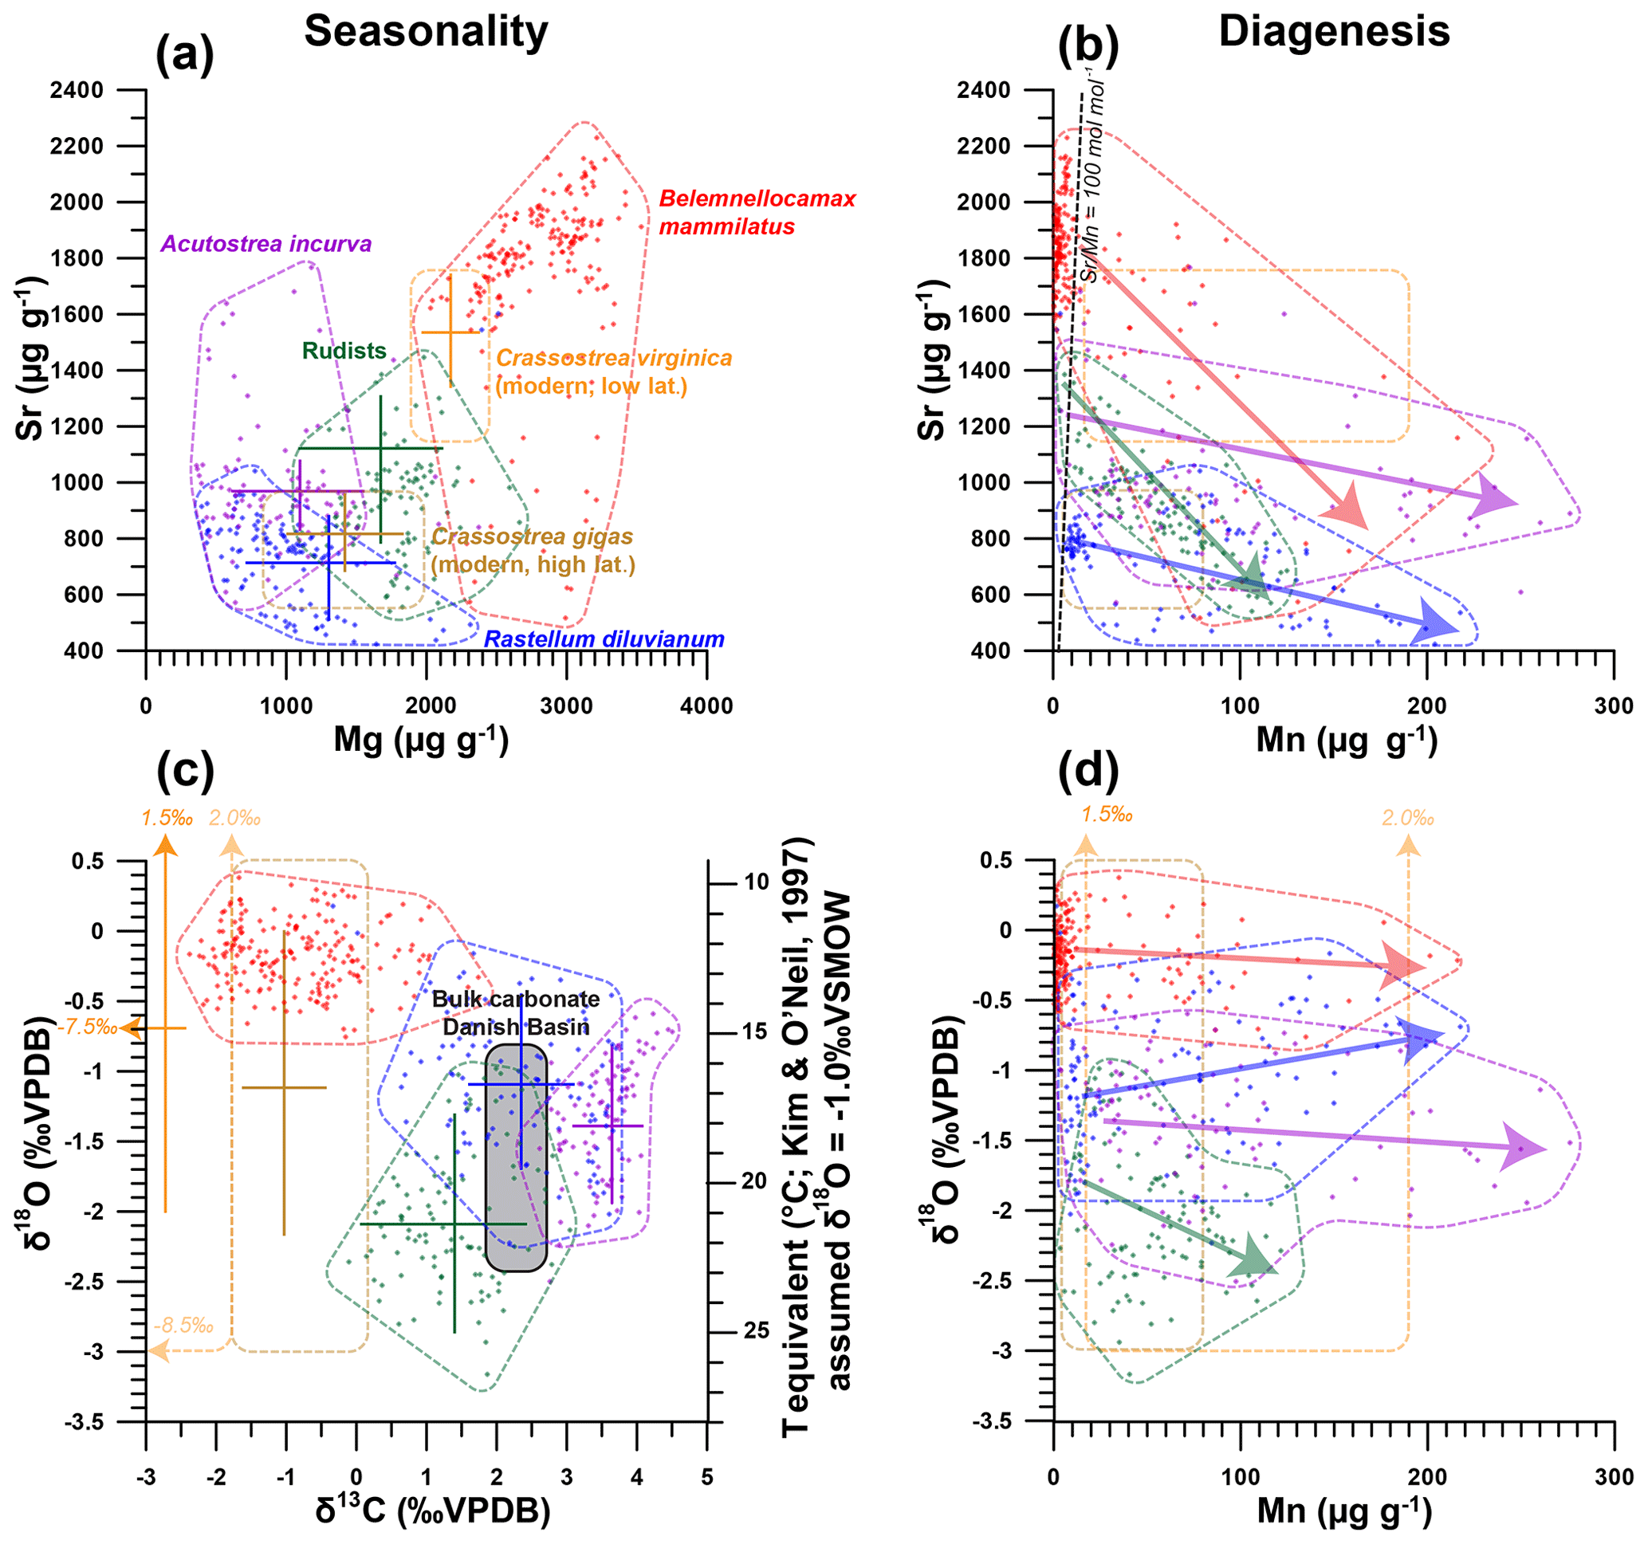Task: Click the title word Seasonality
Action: (425, 32)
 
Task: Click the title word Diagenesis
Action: (1334, 32)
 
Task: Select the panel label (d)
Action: (1088, 770)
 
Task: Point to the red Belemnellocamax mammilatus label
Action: (756, 212)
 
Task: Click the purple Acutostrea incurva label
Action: (265, 244)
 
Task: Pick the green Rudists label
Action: (344, 351)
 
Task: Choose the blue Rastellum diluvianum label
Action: (604, 639)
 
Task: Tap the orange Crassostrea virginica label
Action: (613, 371)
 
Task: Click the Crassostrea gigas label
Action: (533, 550)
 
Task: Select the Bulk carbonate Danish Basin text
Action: (516, 1013)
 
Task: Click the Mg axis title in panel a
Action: (421, 739)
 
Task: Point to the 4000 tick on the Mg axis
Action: (706, 706)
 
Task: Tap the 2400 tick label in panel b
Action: (983, 89)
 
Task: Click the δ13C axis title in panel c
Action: (433, 1510)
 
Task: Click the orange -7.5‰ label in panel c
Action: (86, 1027)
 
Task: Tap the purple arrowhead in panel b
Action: (1494, 498)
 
